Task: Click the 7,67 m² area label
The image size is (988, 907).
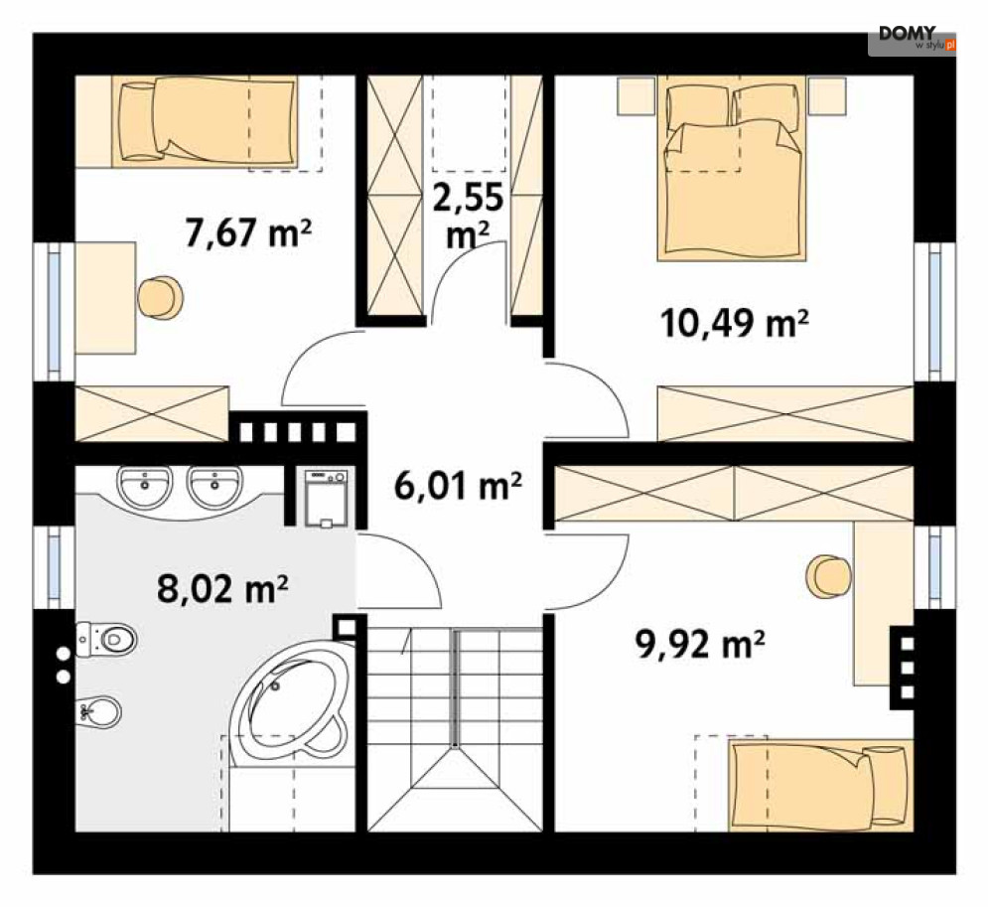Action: click(x=248, y=231)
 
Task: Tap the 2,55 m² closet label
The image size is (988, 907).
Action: click(x=468, y=216)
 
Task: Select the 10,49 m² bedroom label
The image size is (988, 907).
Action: click(x=735, y=323)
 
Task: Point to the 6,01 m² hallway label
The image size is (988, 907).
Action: click(x=458, y=486)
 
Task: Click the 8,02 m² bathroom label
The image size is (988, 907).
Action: click(x=222, y=589)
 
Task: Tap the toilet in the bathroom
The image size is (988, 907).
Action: click(x=106, y=640)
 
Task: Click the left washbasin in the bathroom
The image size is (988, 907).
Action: click(x=144, y=487)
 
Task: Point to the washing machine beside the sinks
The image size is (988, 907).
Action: click(x=326, y=498)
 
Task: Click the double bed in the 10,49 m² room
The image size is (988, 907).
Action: click(x=732, y=169)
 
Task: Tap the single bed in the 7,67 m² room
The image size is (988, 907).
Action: click(x=205, y=121)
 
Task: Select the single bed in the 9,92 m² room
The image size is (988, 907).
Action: click(x=820, y=786)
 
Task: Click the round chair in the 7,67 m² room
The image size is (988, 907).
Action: click(x=161, y=297)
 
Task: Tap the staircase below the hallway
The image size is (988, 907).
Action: click(x=455, y=728)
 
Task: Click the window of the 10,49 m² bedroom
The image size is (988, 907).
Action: click(x=935, y=311)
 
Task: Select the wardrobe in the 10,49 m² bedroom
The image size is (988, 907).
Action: click(x=785, y=413)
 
